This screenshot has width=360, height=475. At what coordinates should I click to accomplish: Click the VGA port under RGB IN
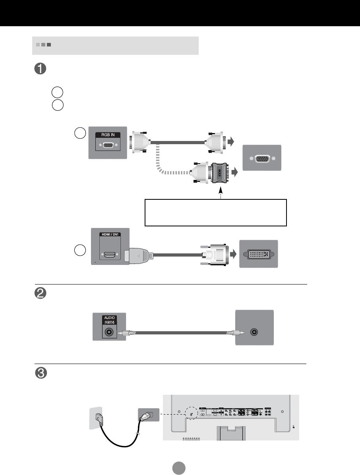coord(107,146)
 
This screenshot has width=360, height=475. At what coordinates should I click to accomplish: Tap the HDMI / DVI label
coord(110,234)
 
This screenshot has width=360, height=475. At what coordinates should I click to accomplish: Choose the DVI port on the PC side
coord(258,253)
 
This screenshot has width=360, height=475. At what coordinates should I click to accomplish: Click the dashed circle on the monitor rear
coord(192,414)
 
